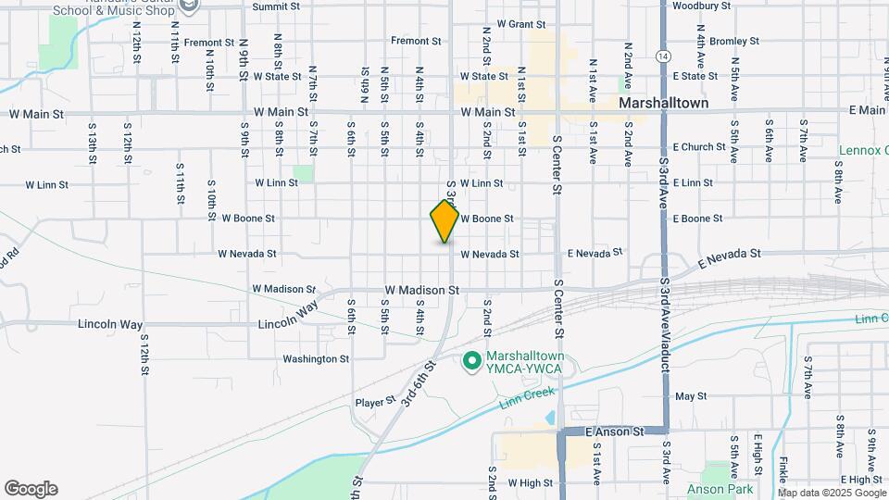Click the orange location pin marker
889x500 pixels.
tap(445, 220)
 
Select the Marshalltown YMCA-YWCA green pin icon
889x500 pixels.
tap(471, 359)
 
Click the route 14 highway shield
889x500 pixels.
tap(663, 56)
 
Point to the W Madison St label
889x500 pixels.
tap(422, 290)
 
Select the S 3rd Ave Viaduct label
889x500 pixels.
tap(665, 315)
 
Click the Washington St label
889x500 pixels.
tap(316, 359)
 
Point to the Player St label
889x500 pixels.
tap(376, 402)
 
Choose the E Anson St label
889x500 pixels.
tap(616, 431)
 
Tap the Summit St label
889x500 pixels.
tap(277, 6)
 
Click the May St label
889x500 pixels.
tap(691, 396)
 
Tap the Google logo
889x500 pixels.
tap(31, 489)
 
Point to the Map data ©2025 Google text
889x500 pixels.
tap(830, 493)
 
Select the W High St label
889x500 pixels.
tap(530, 483)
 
